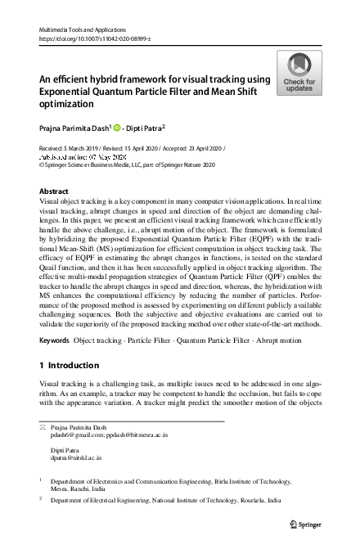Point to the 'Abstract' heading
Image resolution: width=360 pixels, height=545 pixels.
click(54, 191)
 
